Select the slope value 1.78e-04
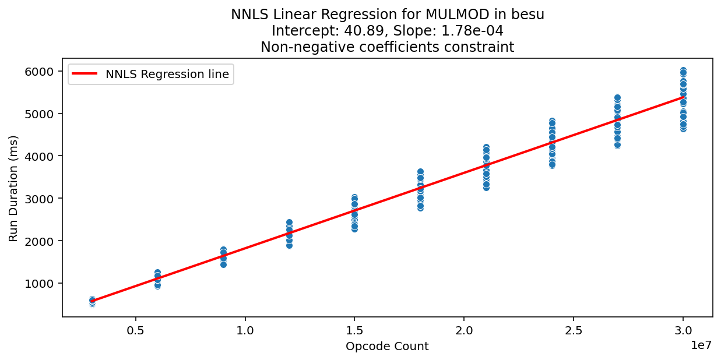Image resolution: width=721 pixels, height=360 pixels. click(x=468, y=31)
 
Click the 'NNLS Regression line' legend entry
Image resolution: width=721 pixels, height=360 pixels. click(x=167, y=74)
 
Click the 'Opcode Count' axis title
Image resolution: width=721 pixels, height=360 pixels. click(x=387, y=347)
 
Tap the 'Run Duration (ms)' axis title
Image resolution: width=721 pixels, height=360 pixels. click(x=13, y=188)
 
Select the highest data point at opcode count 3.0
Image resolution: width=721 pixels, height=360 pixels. click(x=683, y=71)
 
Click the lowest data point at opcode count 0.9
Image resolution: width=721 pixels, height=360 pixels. click(x=223, y=264)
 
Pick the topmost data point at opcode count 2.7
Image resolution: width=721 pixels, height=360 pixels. click(x=617, y=98)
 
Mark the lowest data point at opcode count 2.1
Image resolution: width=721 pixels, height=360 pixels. click(x=486, y=187)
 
